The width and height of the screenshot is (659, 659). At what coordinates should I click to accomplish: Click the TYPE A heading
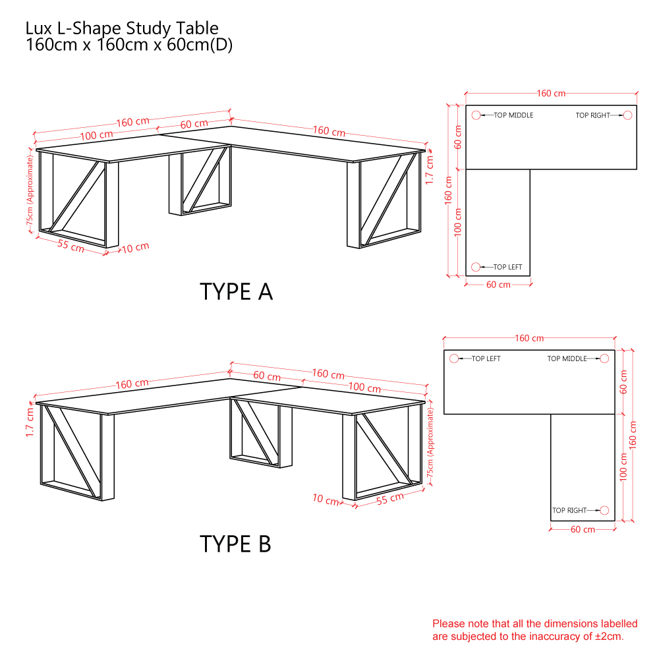click(236, 292)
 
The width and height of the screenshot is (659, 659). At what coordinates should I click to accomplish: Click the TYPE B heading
click(235, 544)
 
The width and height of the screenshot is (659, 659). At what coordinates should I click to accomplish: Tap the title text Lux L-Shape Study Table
click(122, 28)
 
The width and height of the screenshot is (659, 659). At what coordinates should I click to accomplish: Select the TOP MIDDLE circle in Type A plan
click(476, 115)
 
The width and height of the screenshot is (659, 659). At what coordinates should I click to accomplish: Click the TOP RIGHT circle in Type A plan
click(627, 115)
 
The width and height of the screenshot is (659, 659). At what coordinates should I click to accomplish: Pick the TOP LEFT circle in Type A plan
click(476, 267)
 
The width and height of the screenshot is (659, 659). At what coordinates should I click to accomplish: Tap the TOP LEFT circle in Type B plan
click(454, 358)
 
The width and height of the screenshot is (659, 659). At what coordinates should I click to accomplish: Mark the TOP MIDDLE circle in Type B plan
click(604, 358)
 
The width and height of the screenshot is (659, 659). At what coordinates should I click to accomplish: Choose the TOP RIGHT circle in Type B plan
click(604, 510)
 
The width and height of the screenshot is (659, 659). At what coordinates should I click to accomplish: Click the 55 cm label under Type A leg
click(71, 245)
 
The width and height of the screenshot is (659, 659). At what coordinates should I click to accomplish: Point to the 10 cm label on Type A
click(135, 248)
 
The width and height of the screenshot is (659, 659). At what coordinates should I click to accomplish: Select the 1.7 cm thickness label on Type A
click(429, 170)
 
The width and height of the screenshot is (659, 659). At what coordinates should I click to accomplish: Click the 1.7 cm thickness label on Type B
click(30, 422)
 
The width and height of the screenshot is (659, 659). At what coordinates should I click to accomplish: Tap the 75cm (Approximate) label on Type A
click(30, 190)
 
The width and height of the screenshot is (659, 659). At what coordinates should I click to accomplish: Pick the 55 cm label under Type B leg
click(389, 498)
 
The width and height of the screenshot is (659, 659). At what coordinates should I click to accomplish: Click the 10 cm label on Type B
click(326, 500)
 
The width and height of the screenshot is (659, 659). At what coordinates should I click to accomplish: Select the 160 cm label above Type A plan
click(551, 94)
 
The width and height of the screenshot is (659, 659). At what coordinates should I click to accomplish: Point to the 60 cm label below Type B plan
click(583, 530)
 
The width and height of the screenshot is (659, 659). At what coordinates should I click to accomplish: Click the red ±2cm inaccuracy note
click(535, 629)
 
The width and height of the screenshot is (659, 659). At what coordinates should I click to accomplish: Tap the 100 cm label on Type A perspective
click(97, 135)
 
